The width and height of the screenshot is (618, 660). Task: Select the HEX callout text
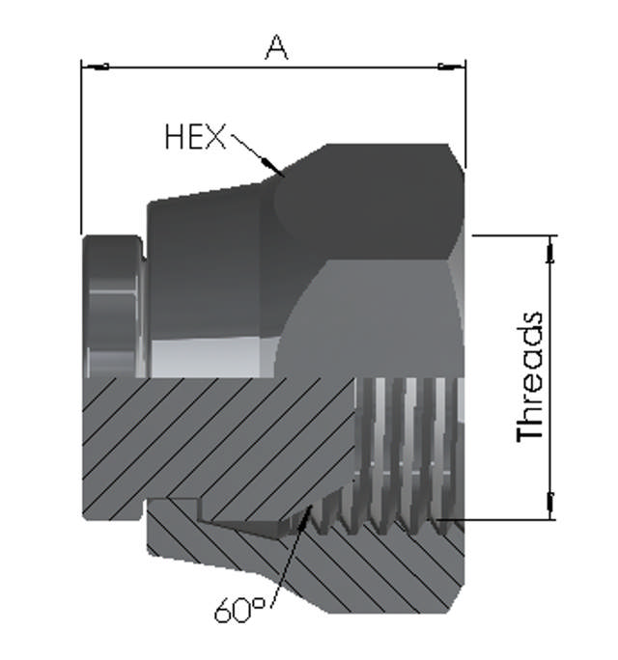click(x=194, y=138)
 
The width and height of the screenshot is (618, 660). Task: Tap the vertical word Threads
click(x=531, y=376)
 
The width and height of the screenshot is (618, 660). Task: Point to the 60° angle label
click(x=237, y=610)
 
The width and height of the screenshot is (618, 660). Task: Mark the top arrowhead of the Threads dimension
click(x=551, y=249)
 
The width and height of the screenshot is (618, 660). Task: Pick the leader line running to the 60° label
click(x=290, y=560)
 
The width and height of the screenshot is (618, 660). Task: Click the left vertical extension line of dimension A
click(x=81, y=145)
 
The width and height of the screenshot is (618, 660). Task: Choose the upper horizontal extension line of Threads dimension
click(x=512, y=235)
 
